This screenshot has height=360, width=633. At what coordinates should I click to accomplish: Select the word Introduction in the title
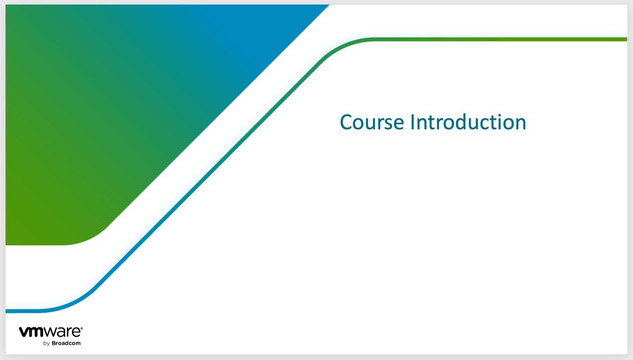click(468, 122)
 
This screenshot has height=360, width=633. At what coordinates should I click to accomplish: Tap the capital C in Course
click(347, 122)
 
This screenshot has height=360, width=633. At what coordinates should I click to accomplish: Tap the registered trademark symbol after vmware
click(81, 328)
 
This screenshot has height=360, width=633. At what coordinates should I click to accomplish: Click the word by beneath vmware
click(46, 343)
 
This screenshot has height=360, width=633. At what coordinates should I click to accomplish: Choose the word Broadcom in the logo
click(66, 343)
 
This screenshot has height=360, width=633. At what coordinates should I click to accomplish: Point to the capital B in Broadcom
click(53, 343)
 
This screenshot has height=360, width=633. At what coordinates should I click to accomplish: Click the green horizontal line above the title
click(501, 39)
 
